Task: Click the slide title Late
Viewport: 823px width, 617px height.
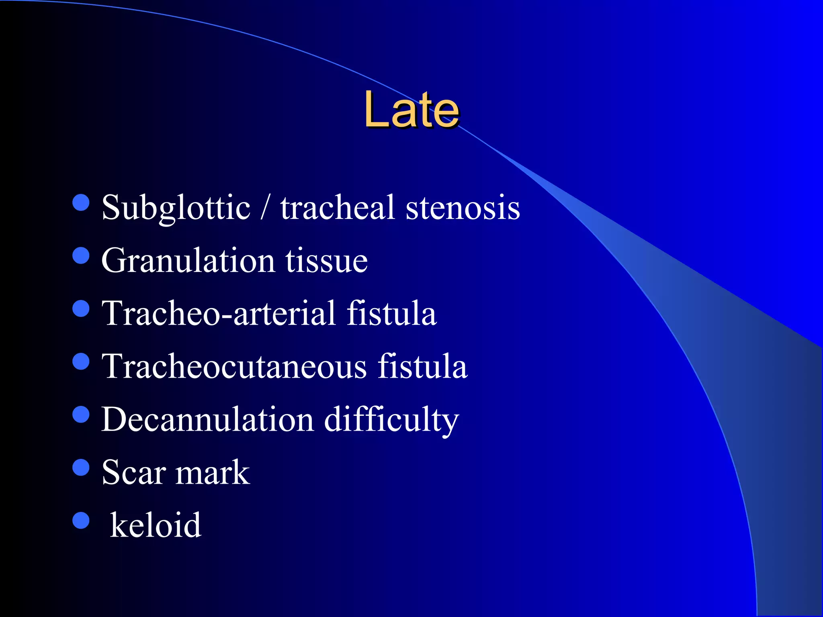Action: click(411, 109)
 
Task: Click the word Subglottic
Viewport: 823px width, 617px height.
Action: click(176, 208)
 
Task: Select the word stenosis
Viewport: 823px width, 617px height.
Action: click(463, 208)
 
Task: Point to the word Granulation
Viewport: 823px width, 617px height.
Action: click(188, 261)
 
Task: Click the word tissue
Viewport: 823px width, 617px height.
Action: click(326, 261)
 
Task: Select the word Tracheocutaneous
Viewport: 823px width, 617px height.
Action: click(234, 366)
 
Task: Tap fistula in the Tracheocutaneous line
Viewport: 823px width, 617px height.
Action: click(422, 366)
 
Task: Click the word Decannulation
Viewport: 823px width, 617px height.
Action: click(207, 419)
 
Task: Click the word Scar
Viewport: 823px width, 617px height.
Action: click(134, 472)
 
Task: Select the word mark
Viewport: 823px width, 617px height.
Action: click(213, 472)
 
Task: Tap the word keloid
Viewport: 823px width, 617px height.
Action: click(156, 525)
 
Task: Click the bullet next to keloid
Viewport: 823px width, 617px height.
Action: click(81, 521)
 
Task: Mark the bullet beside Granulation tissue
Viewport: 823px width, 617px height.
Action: click(81, 255)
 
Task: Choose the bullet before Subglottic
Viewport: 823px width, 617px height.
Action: click(81, 202)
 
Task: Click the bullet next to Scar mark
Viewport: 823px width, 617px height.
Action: click(81, 468)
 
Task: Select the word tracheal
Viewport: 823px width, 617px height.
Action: click(338, 208)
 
